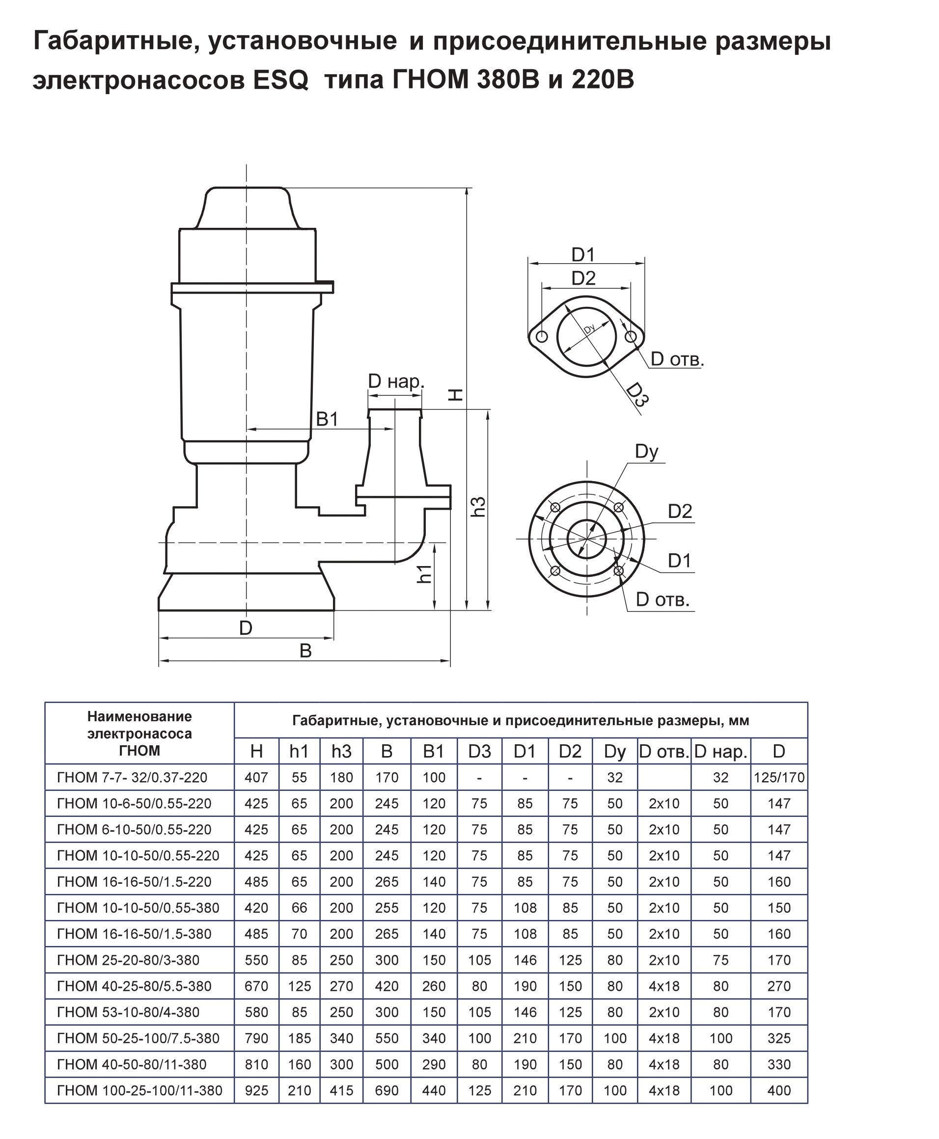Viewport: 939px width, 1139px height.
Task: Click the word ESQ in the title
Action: click(x=280, y=81)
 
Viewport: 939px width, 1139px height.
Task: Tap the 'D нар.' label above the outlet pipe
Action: click(x=396, y=381)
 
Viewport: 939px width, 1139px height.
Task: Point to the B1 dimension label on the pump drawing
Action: click(x=327, y=419)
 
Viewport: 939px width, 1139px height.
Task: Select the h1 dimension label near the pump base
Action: click(x=425, y=573)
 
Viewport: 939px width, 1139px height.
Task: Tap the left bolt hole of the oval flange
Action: click(x=541, y=337)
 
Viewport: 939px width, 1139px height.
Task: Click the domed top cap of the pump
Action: click(x=247, y=208)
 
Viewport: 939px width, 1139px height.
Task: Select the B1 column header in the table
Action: click(x=433, y=752)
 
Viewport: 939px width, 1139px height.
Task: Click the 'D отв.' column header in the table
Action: click(x=663, y=752)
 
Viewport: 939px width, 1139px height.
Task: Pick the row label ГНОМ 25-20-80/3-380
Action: click(x=128, y=960)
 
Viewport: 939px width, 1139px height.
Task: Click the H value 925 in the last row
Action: click(x=256, y=1090)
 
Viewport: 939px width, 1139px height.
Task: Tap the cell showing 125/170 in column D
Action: click(x=779, y=778)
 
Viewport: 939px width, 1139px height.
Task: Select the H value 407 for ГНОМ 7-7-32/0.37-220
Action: click(x=256, y=778)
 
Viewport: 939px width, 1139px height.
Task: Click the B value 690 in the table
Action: click(x=387, y=1090)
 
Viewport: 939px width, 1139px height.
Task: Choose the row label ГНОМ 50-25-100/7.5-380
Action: click(x=138, y=1038)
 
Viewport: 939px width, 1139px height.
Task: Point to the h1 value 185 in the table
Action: click(x=299, y=1038)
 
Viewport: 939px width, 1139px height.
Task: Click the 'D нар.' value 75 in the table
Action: click(x=720, y=960)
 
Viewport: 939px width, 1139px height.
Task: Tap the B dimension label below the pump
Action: click(x=305, y=651)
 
